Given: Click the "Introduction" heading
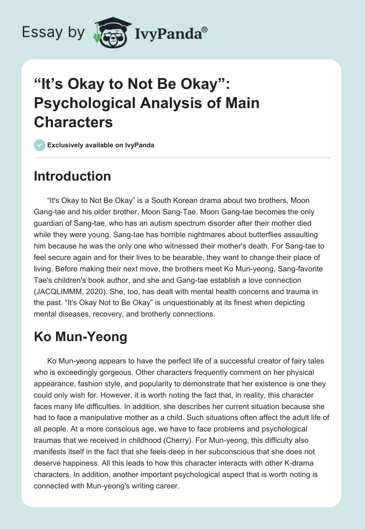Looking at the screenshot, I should (72, 176).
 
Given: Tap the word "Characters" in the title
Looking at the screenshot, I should (73, 122).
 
